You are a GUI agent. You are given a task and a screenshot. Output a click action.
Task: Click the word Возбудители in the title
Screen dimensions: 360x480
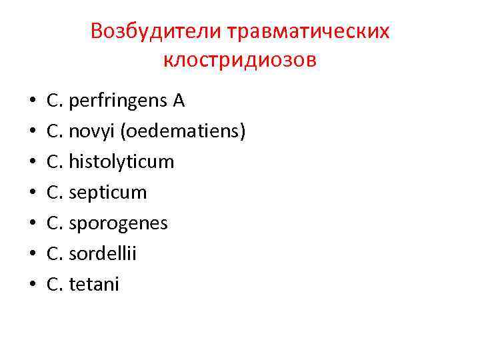point(157,31)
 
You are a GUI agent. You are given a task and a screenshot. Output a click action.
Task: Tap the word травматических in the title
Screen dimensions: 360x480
point(309,31)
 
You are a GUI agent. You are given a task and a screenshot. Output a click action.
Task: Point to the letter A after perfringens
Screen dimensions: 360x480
point(179,101)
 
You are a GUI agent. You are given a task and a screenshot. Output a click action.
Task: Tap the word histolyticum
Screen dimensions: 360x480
point(121,162)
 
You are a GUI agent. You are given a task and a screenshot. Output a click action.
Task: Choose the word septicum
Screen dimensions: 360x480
point(107,193)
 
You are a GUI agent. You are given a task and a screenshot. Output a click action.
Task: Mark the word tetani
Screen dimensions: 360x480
point(94,285)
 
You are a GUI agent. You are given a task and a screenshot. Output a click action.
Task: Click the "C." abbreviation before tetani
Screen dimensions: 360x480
point(55,285)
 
